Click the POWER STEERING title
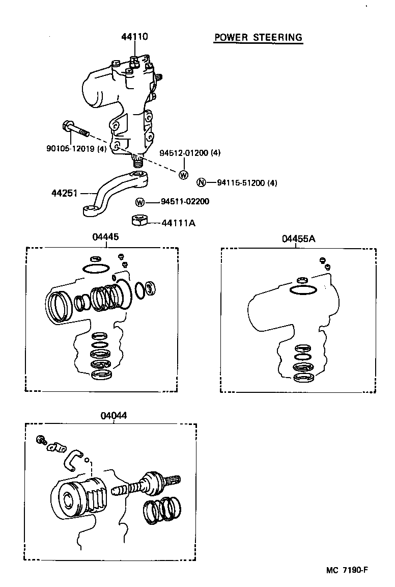click(258, 37)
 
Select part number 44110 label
click(134, 37)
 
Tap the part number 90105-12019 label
click(76, 149)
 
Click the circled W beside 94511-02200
click(140, 202)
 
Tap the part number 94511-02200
click(184, 202)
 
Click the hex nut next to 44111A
click(139, 221)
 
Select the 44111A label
click(178, 223)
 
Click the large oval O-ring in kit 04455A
click(303, 290)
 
